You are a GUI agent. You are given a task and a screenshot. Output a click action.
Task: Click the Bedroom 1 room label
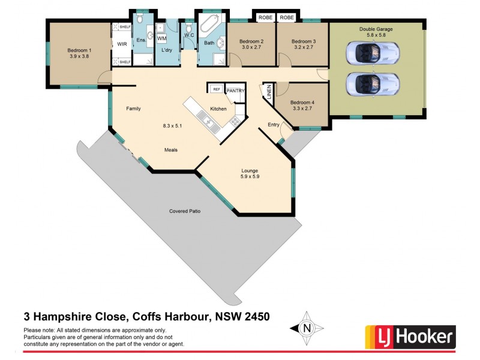click(x=80, y=50)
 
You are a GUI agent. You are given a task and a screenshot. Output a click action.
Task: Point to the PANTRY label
click(x=236, y=91)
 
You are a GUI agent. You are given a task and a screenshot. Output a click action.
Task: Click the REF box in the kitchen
click(x=217, y=89)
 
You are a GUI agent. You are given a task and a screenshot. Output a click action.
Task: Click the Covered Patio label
click(x=185, y=211)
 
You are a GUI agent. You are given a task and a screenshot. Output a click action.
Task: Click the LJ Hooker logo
click(x=410, y=337)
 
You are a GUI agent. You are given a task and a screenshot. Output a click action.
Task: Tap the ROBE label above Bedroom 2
click(x=265, y=18)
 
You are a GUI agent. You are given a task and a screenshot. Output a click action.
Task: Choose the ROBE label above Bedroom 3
click(x=287, y=18)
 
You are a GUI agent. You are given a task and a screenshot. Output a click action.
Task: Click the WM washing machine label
click(x=161, y=38)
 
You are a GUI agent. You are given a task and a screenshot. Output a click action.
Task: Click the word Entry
click(x=274, y=125)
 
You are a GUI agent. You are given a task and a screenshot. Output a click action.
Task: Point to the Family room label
click(x=133, y=109)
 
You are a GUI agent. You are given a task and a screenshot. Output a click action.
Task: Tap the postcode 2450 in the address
click(x=253, y=316)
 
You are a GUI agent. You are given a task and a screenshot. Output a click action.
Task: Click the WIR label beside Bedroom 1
click(x=122, y=44)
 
